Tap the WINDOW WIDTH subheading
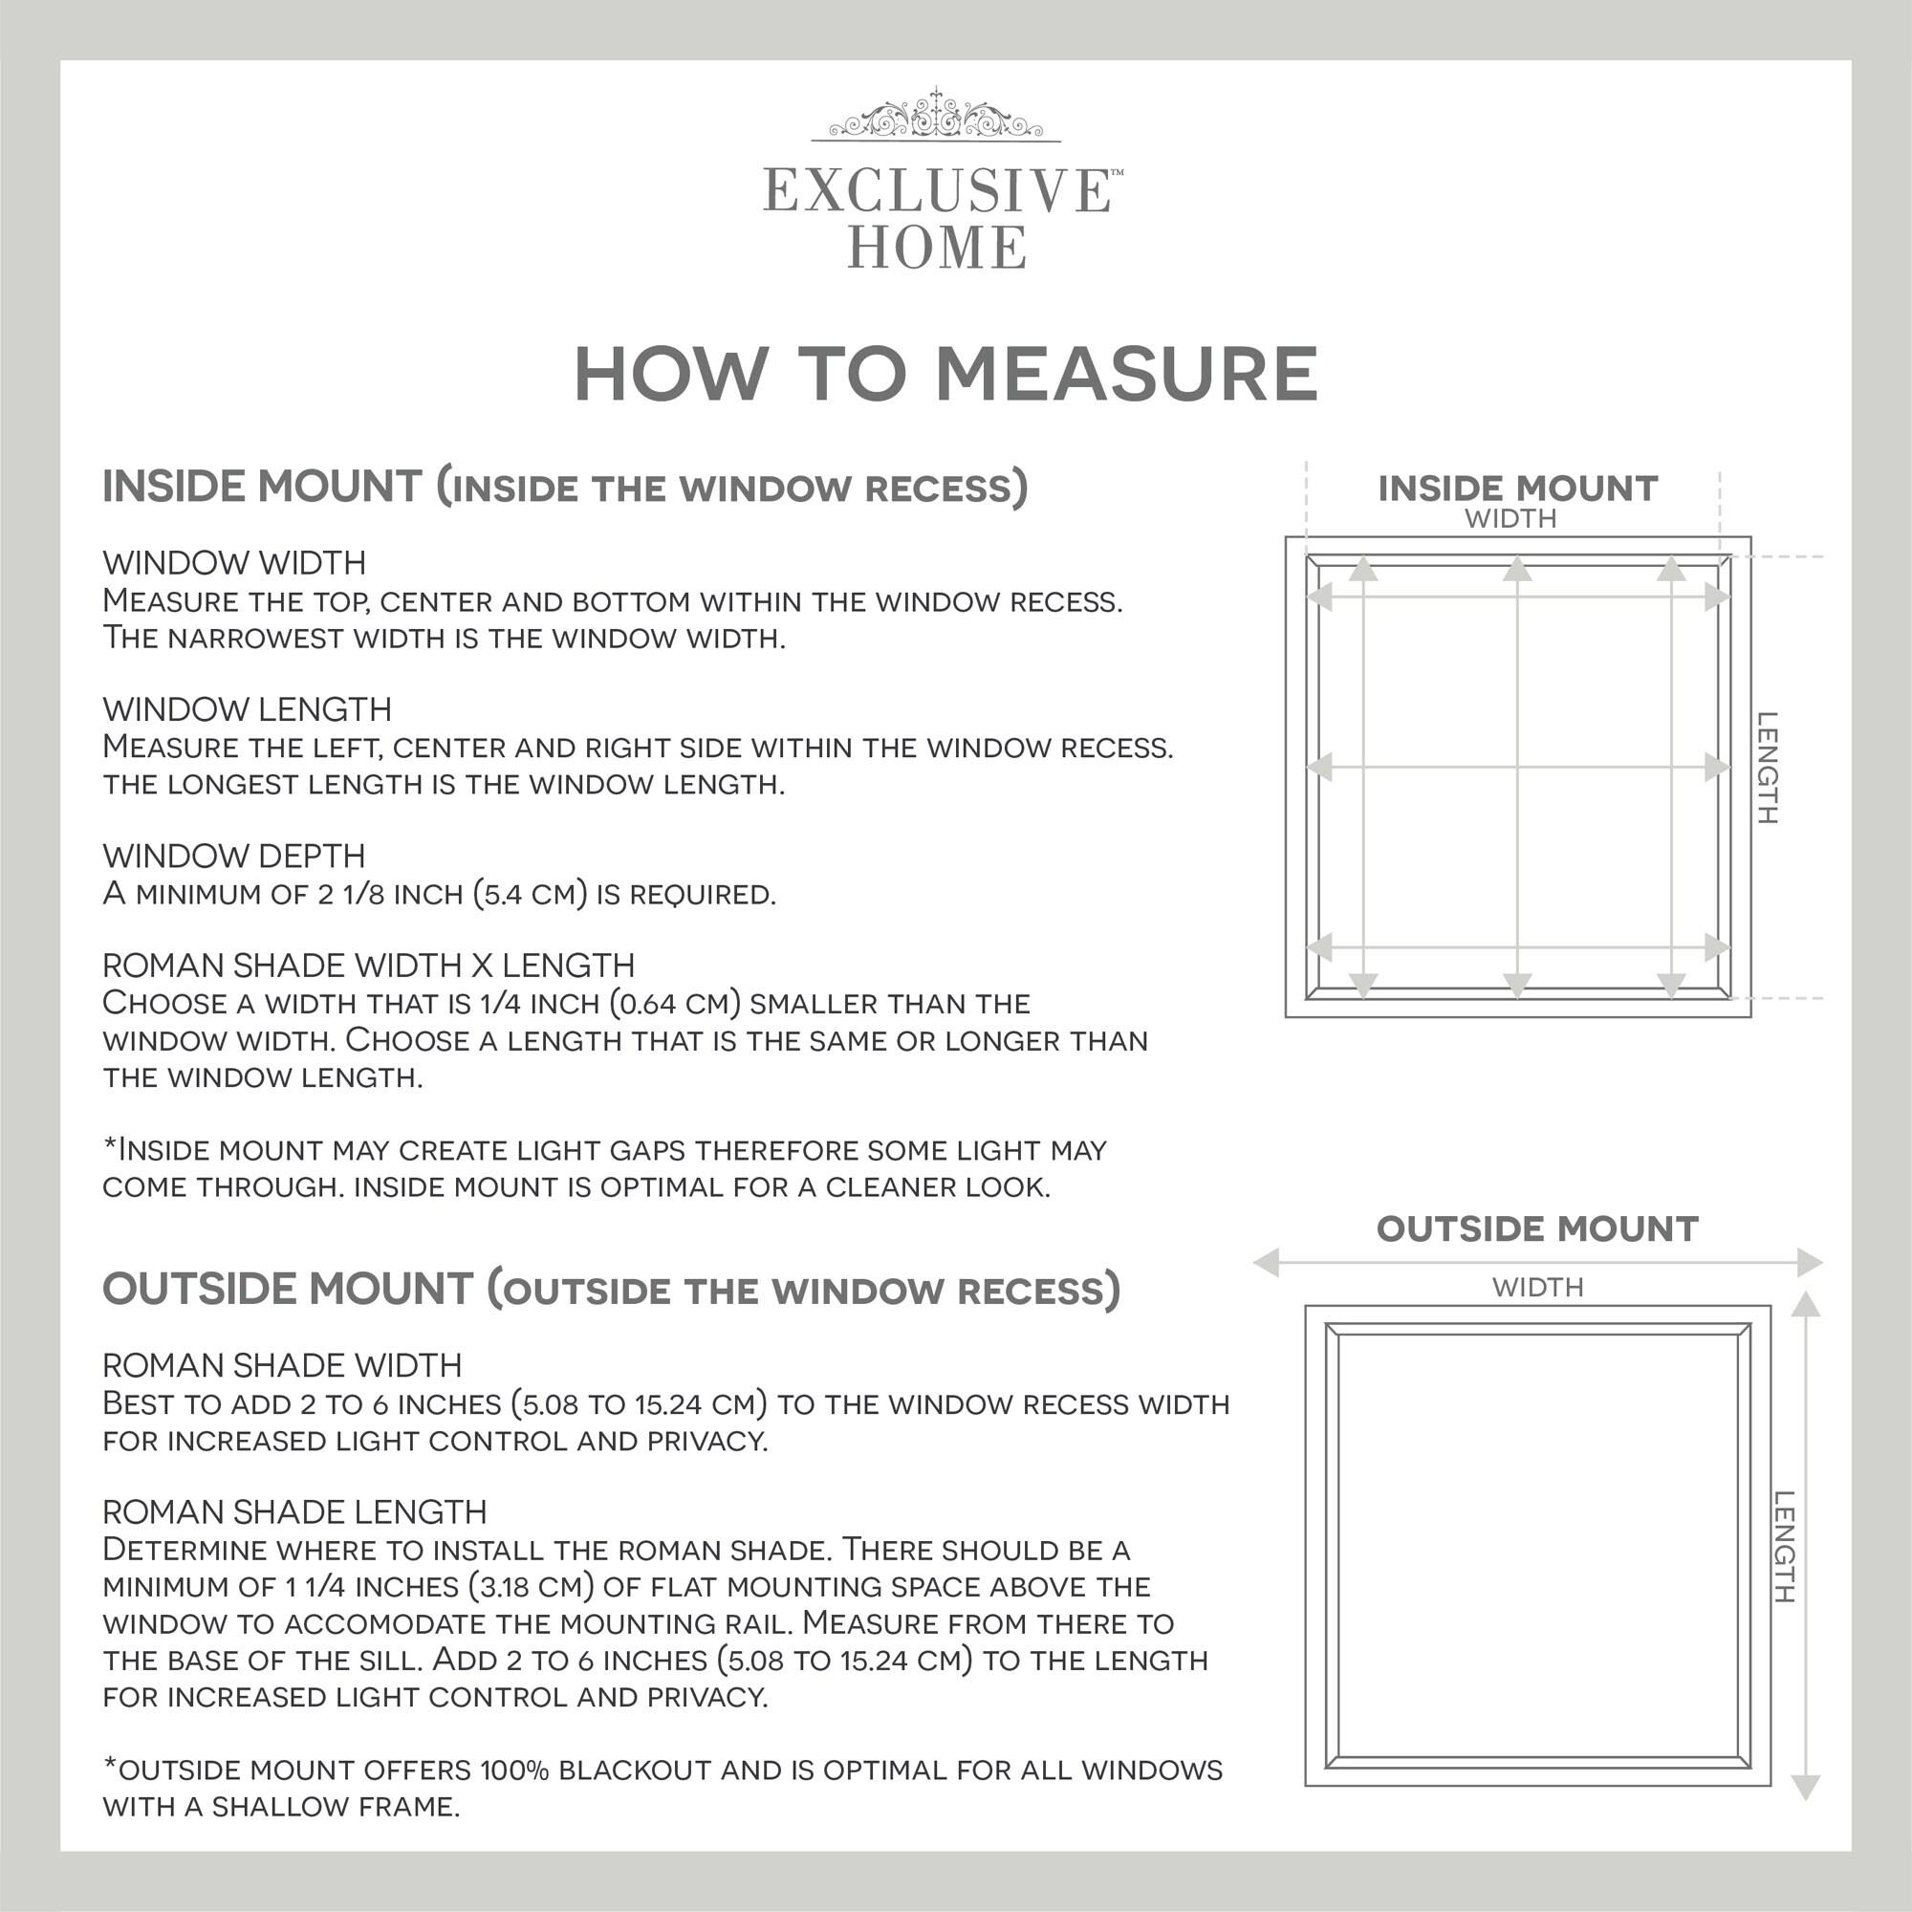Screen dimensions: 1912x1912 click(234, 563)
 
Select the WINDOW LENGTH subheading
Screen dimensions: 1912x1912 click(248, 709)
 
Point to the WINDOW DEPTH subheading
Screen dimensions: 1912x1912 click(234, 856)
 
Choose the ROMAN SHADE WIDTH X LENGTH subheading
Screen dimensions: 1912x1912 click(369, 965)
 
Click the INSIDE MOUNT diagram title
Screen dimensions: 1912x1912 click(1517, 489)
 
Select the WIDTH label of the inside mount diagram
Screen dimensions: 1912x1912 click(1510, 518)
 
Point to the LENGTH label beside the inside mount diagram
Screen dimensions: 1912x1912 click(1767, 768)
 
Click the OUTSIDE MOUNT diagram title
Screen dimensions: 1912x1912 click(1537, 1229)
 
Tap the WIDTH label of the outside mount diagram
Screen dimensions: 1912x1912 click(1538, 1288)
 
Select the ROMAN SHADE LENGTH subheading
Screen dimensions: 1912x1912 click(294, 1512)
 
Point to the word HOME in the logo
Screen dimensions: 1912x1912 click(936, 248)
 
